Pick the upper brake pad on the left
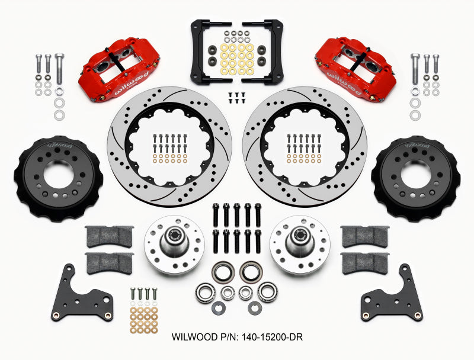pyautogui.click(x=110, y=235)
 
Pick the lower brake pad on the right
pyautogui.click(x=364, y=261)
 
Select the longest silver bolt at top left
pyautogui.click(x=59, y=71)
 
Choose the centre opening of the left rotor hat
pyautogui.click(x=58, y=177)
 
